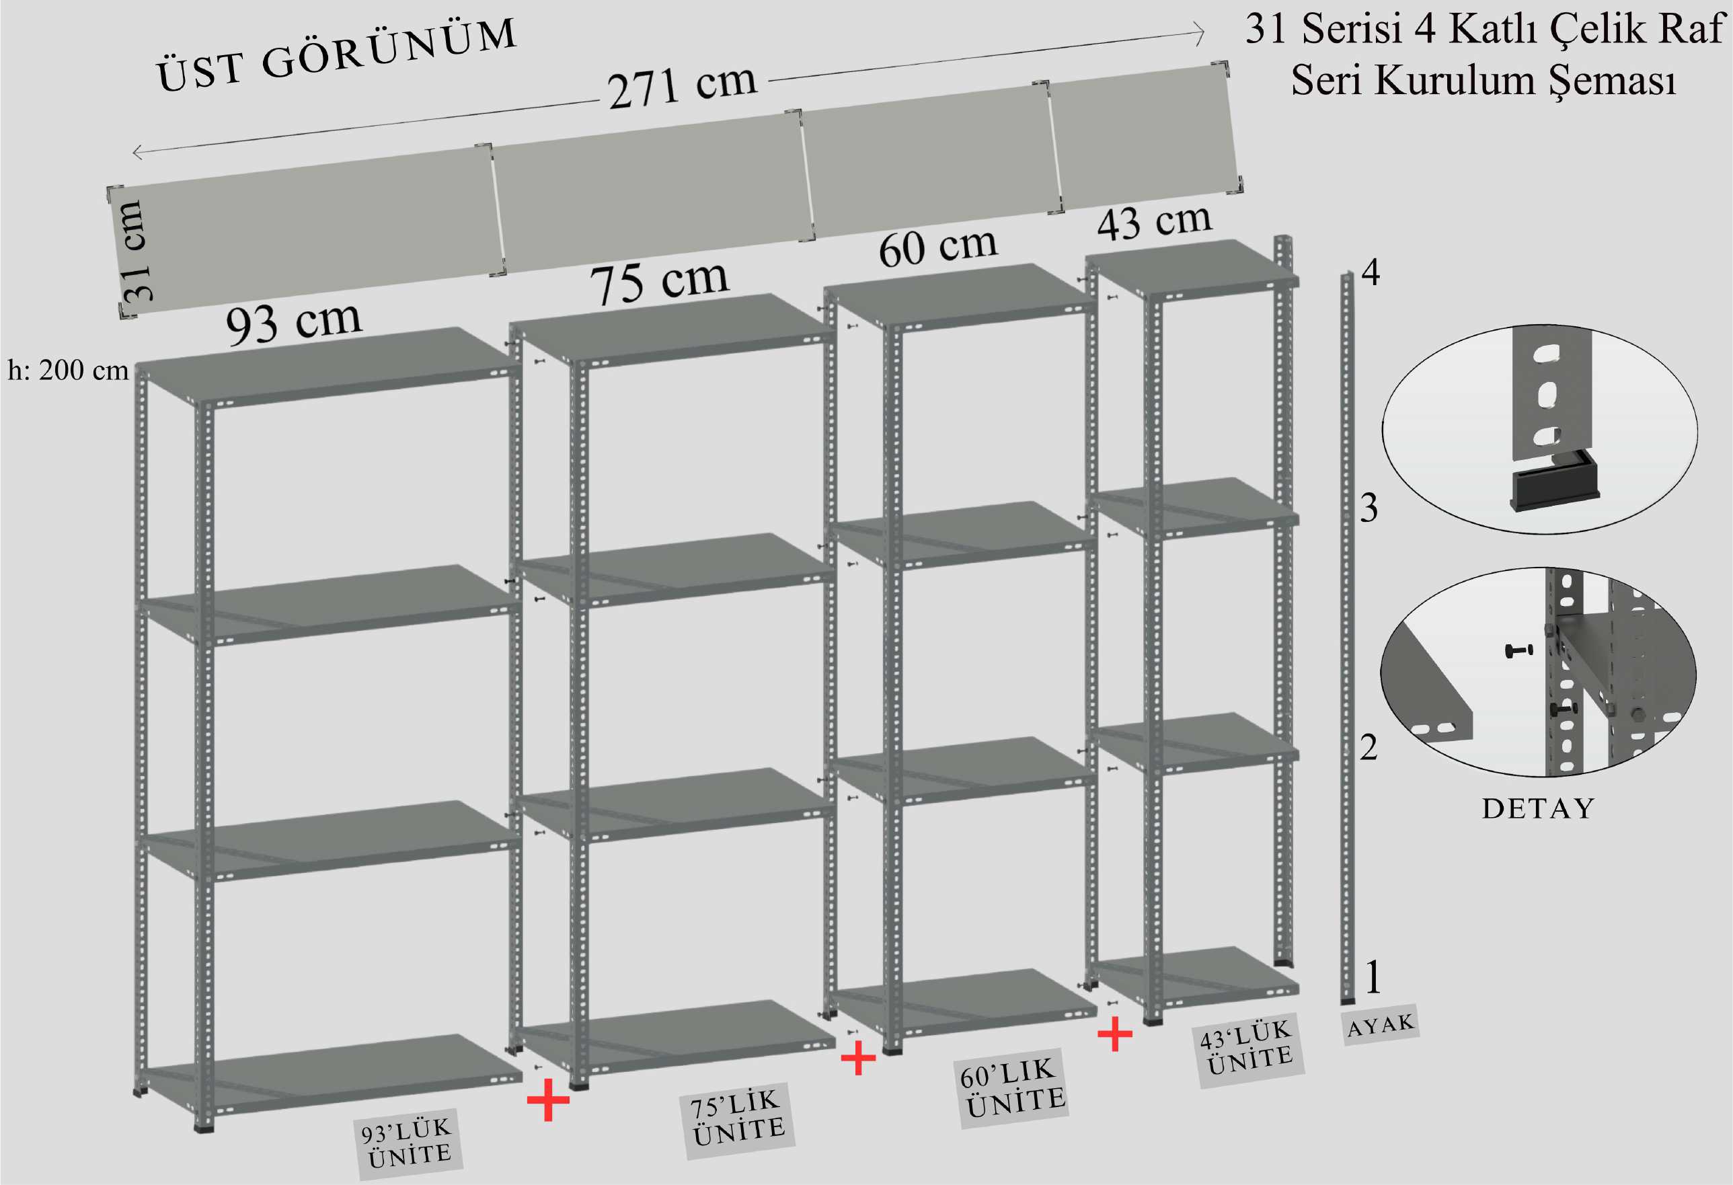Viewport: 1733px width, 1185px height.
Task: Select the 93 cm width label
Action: (294, 323)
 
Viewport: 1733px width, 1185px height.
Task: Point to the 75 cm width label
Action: (659, 282)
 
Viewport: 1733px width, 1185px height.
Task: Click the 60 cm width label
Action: (938, 246)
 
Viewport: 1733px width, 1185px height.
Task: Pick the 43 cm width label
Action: (1155, 221)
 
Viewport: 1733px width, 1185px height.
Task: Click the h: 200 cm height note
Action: (68, 371)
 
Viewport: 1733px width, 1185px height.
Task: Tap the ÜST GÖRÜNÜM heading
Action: (336, 56)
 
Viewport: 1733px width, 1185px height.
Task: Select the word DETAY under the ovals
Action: (1537, 808)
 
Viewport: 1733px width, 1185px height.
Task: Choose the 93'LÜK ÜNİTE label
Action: (408, 1143)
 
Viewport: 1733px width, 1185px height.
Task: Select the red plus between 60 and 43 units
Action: (1115, 1034)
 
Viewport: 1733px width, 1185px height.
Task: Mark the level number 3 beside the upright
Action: (1369, 508)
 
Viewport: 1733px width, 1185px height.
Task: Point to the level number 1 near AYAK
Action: (1373, 977)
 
